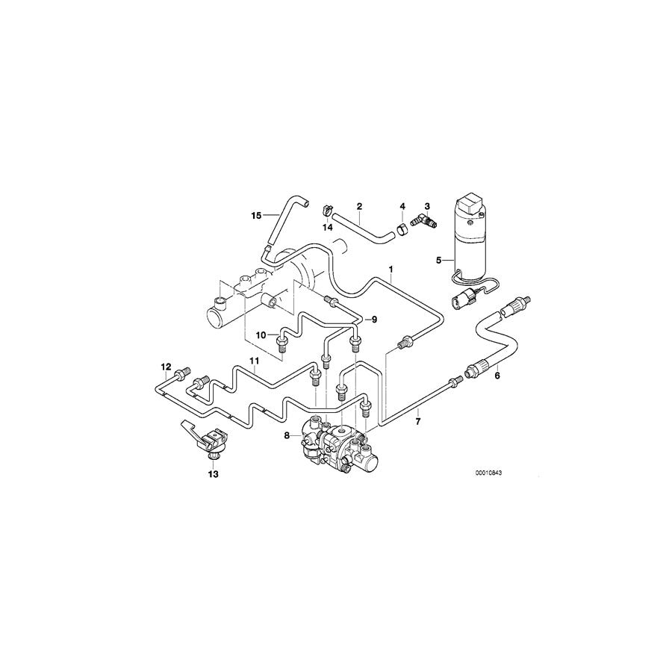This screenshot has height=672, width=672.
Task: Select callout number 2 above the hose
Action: click(x=359, y=205)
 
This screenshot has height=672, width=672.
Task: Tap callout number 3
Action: click(x=427, y=205)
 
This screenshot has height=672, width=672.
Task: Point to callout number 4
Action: click(x=402, y=205)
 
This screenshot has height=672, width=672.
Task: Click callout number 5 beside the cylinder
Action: click(x=440, y=261)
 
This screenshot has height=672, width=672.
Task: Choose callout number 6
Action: click(x=497, y=376)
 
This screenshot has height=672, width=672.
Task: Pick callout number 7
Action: click(x=418, y=421)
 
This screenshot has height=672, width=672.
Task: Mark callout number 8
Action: click(x=286, y=435)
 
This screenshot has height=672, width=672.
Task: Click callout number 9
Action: click(x=374, y=320)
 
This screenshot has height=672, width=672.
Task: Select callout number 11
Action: click(x=254, y=361)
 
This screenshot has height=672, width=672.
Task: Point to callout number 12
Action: click(x=166, y=367)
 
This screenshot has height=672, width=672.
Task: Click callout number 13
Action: click(x=214, y=473)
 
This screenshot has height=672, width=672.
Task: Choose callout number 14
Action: click(x=326, y=225)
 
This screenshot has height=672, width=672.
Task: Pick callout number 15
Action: click(x=256, y=216)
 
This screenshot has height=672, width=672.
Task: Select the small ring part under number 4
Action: click(x=402, y=222)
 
